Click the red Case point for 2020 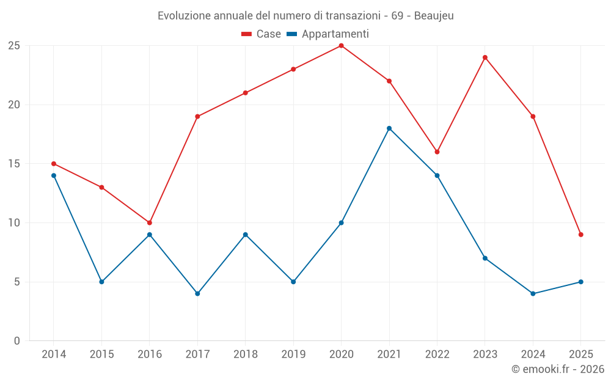click(341, 46)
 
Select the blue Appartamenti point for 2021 click(389, 128)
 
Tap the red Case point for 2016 click(150, 222)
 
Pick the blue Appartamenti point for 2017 click(197, 293)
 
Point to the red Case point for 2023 click(485, 57)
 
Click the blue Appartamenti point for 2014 click(54, 175)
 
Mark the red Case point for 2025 click(580, 235)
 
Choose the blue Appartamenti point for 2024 click(533, 293)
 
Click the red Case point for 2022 click(437, 152)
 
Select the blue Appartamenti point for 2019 click(293, 282)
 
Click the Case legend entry click(261, 34)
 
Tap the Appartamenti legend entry click(328, 34)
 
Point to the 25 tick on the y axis click(14, 46)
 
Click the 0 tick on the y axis click(17, 341)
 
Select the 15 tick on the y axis click(14, 164)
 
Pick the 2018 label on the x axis click(245, 354)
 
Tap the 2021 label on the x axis click(389, 354)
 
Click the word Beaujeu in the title click(434, 16)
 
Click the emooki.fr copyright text click(558, 369)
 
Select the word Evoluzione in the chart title click(183, 16)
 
